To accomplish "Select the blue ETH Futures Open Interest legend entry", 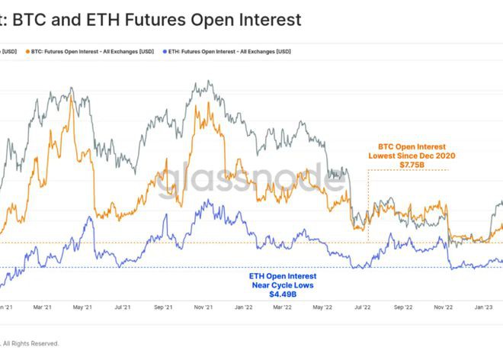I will [229, 52].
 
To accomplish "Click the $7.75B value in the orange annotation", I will [412, 165].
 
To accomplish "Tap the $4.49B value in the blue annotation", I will [283, 294].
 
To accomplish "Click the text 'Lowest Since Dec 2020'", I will [412, 156].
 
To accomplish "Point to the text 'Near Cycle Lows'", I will [283, 284].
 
